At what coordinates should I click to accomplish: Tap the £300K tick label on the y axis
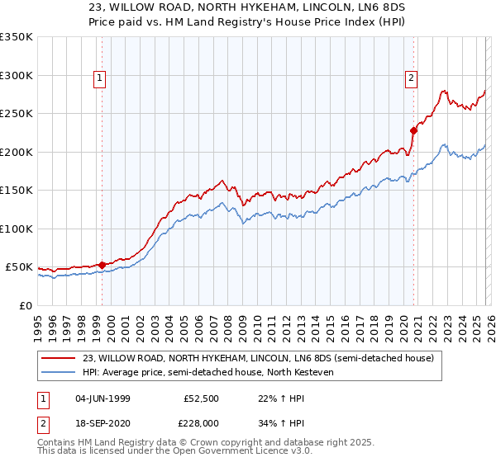17,75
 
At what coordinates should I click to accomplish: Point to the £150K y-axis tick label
17,191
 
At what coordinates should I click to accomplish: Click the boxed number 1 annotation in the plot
99,78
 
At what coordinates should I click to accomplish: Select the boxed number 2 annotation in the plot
411,78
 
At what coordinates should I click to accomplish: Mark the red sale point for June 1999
103,265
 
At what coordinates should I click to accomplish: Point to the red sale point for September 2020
414,130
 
